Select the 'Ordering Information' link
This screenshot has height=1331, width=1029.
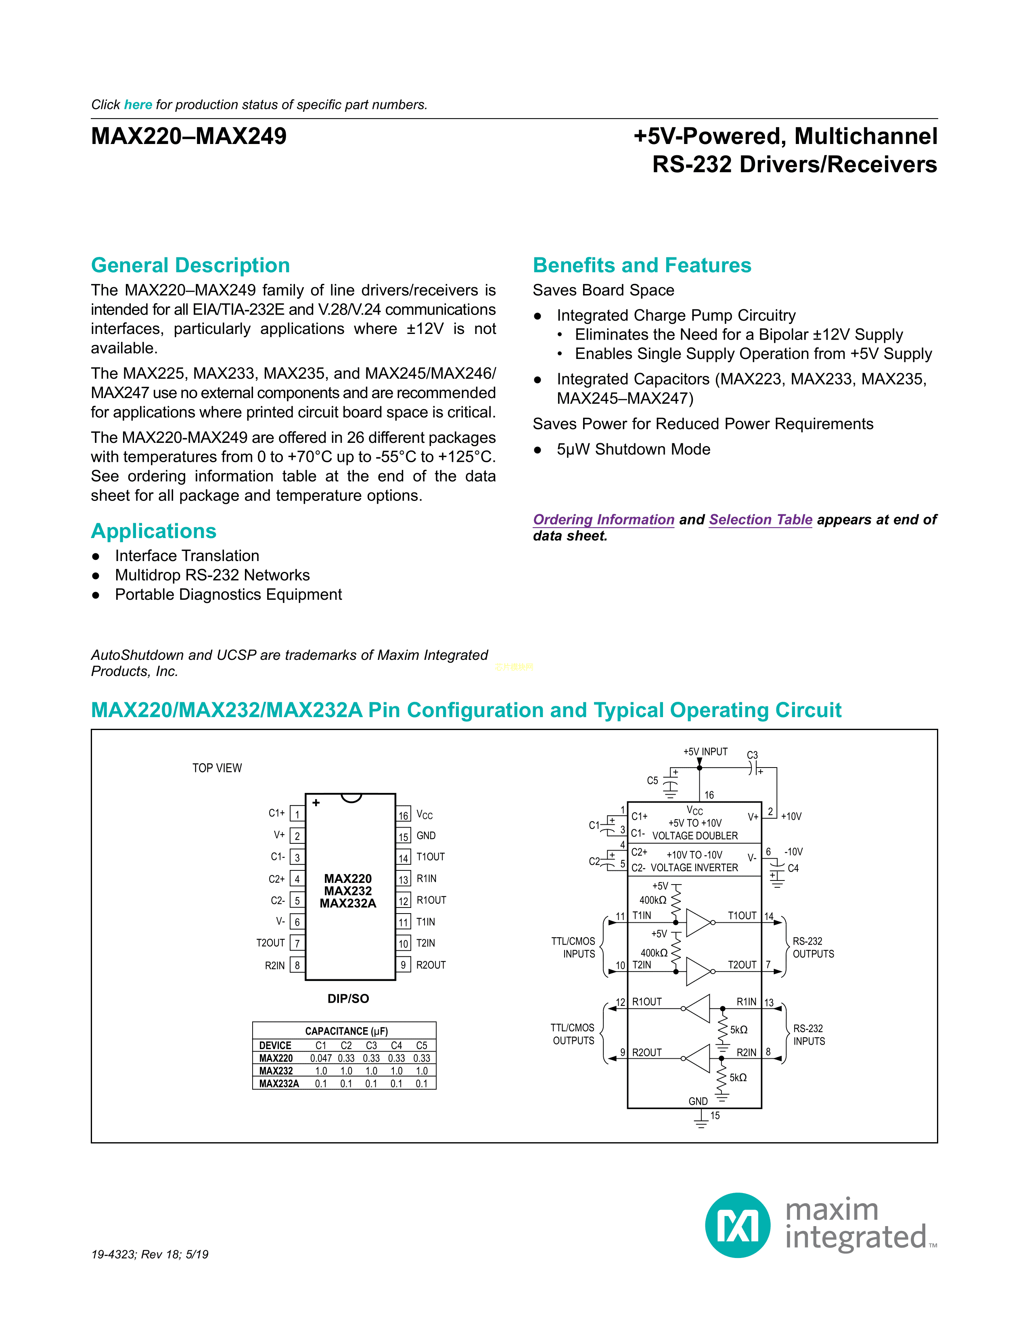pyautogui.click(x=604, y=520)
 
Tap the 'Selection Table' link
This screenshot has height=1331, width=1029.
pyautogui.click(x=760, y=520)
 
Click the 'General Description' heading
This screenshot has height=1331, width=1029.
pyautogui.click(x=190, y=266)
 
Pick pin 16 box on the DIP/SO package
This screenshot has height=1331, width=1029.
pyautogui.click(x=404, y=816)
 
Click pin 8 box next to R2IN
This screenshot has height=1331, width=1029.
pyautogui.click(x=297, y=965)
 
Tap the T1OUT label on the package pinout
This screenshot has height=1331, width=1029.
pyautogui.click(x=431, y=857)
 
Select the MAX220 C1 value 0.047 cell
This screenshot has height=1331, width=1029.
pyautogui.click(x=321, y=1059)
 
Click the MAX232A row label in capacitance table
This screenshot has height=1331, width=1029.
pyautogui.click(x=278, y=1084)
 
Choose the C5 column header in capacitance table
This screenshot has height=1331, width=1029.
pyautogui.click(x=421, y=1045)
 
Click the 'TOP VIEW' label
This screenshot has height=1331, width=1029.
pyautogui.click(x=217, y=768)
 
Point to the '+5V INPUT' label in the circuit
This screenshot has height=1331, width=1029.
pyautogui.click(x=705, y=752)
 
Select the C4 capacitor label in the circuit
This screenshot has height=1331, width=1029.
pyautogui.click(x=793, y=868)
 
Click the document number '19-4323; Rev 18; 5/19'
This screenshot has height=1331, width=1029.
pyautogui.click(x=150, y=1255)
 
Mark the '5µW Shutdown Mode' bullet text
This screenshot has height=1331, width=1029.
pyautogui.click(x=634, y=450)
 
